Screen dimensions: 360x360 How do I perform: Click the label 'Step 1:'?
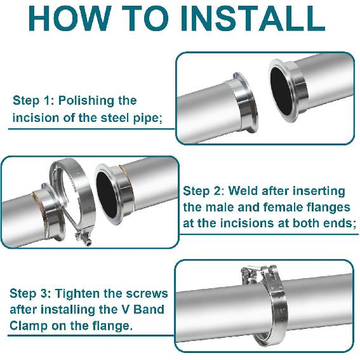tap(34, 100)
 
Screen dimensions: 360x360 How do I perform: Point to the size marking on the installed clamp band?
tap(281, 312)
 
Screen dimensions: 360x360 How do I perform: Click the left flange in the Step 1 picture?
tap(244, 105)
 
